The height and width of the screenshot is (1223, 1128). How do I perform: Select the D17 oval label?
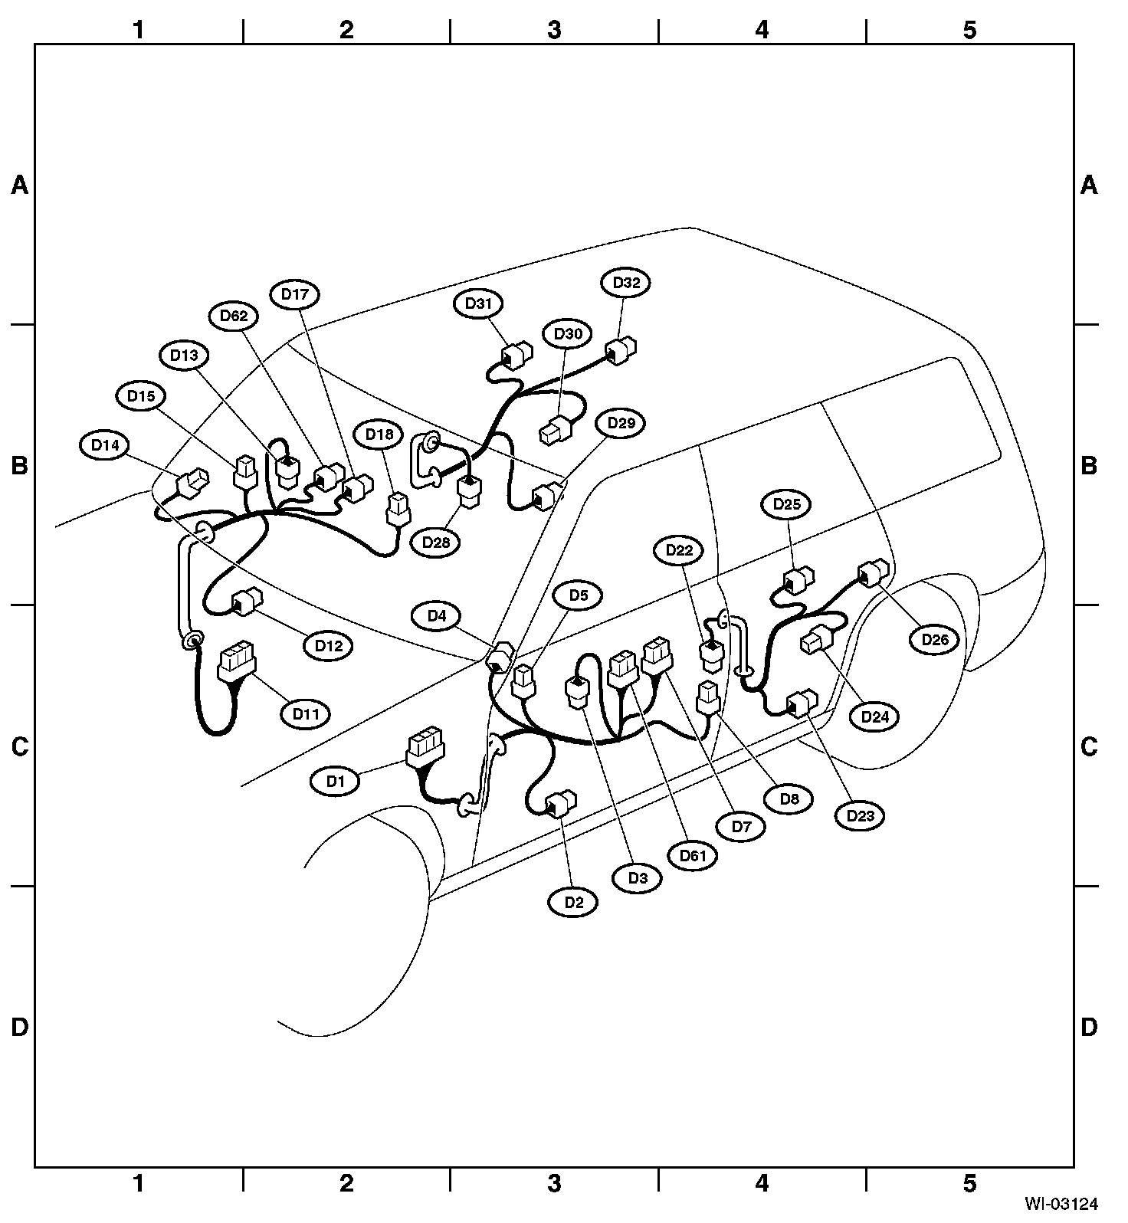pyautogui.click(x=295, y=294)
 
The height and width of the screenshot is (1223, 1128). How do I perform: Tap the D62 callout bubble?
pyautogui.click(x=234, y=316)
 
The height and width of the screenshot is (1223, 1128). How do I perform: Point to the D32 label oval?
pyautogui.click(x=625, y=283)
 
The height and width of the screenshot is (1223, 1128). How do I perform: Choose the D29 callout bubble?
pyautogui.click(x=621, y=423)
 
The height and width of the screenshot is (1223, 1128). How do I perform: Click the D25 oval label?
pyautogui.click(x=786, y=504)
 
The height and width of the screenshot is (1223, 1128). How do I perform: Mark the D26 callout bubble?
pyautogui.click(x=934, y=639)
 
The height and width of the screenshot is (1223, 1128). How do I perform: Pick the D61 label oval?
pyautogui.click(x=692, y=856)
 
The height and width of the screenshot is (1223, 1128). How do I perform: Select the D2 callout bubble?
pyautogui.click(x=574, y=902)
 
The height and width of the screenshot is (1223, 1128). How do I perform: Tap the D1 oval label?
pyautogui.click(x=333, y=782)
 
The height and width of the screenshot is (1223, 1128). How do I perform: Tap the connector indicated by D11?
pyautogui.click(x=238, y=661)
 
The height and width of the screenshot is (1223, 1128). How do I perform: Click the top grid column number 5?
pyautogui.click(x=969, y=30)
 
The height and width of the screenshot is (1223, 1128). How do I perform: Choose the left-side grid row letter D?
pyautogui.click(x=19, y=1027)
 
